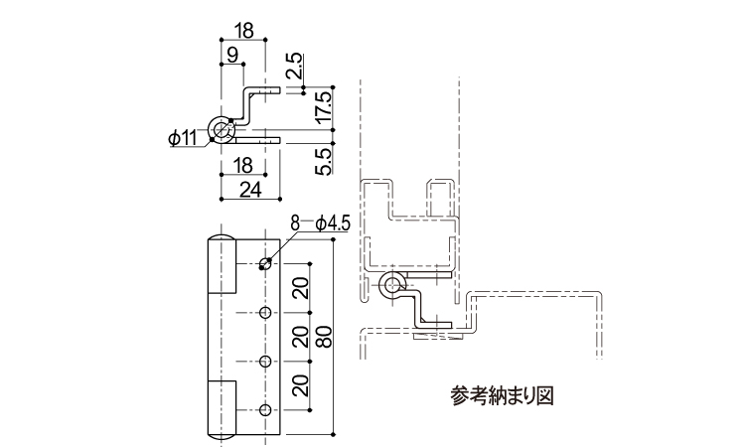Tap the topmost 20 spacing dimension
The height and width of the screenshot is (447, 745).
[299, 289]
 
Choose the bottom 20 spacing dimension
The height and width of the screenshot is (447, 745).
[299, 386]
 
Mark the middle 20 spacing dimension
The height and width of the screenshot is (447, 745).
[299, 338]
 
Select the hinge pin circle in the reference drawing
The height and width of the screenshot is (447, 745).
[391, 287]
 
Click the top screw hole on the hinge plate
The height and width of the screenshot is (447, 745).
[265, 264]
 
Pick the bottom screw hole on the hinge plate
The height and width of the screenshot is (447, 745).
[265, 410]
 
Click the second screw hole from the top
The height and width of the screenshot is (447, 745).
[265, 313]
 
